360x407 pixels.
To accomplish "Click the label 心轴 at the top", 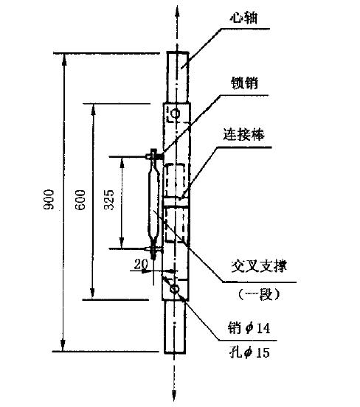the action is tap(244, 18).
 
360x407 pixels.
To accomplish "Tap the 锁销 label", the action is tap(244, 83).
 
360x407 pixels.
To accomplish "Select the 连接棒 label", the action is tap(244, 135).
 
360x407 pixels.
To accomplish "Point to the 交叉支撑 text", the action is tap(259, 266).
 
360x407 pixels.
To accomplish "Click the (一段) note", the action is tap(259, 294).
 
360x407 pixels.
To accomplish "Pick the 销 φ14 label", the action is tap(249, 328).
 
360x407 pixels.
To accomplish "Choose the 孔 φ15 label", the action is tap(249, 352).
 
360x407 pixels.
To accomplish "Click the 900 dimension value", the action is tap(49, 199).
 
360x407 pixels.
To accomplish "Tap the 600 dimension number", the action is tap(80, 200).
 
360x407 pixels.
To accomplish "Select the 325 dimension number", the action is tap(109, 200).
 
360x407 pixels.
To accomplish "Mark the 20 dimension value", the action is tap(141, 265).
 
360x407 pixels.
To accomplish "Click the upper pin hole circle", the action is tap(176, 114).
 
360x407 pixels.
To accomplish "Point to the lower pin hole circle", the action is tap(175, 289).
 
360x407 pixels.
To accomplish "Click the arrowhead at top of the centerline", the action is tap(177, 10).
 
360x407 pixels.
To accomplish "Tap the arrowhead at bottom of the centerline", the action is tap(174, 396).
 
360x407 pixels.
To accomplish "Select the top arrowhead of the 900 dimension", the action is tap(64, 60).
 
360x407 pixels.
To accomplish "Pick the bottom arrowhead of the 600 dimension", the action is tap(92, 293).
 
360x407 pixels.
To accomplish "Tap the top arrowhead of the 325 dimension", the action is tap(122, 163).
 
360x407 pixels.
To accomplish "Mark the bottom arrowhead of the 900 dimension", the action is tap(63, 345).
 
